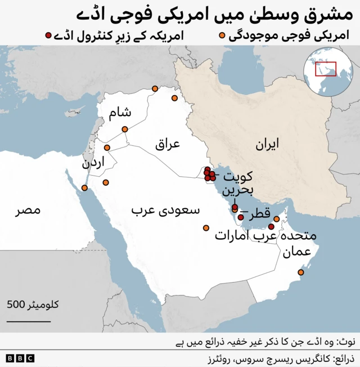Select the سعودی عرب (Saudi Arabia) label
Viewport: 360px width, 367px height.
[165, 211]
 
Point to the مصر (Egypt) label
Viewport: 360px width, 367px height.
[28, 211]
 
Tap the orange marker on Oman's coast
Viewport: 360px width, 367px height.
[300, 273]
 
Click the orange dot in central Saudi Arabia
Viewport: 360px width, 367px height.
[206, 228]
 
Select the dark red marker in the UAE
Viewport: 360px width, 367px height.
[271, 226]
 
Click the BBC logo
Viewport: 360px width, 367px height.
[20, 358]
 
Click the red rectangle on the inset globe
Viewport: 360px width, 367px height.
[326, 69]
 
